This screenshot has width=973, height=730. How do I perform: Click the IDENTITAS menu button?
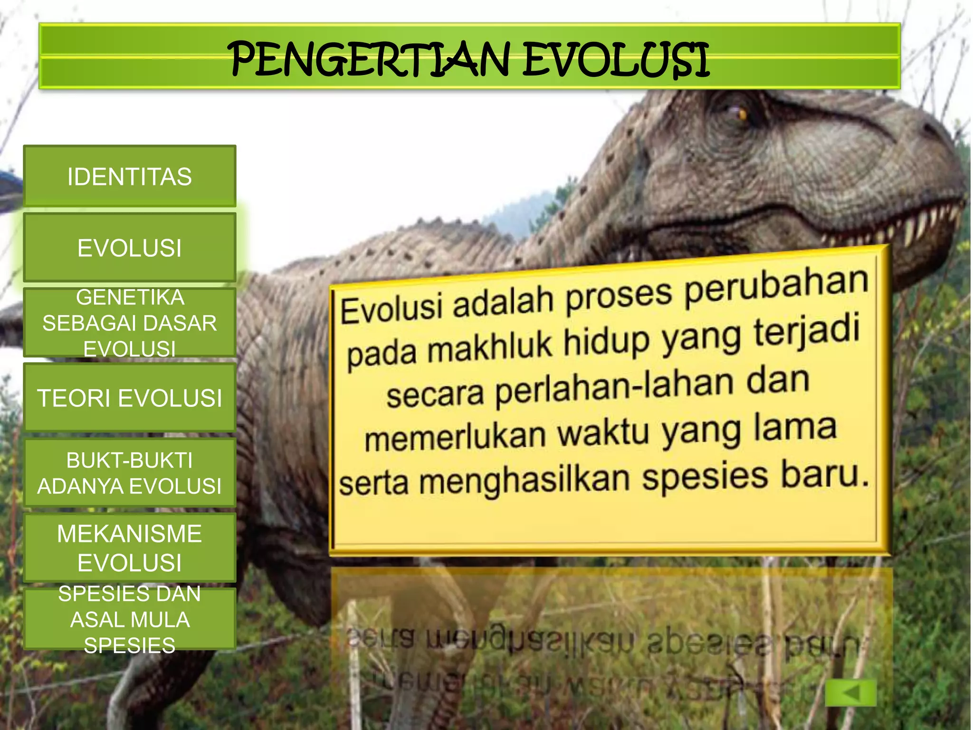(x=129, y=176)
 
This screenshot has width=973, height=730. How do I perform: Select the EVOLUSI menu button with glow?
(x=129, y=248)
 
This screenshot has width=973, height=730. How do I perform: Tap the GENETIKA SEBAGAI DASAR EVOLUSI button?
(x=129, y=323)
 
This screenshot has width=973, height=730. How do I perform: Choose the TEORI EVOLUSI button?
(x=129, y=398)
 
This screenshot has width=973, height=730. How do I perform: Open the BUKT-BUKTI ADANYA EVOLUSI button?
(x=129, y=473)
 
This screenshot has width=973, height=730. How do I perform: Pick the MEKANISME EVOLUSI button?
(x=129, y=547)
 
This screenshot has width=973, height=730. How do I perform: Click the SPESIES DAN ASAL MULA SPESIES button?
(x=129, y=619)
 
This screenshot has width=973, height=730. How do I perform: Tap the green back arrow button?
(x=850, y=692)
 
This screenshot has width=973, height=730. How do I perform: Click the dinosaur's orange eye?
(x=742, y=114)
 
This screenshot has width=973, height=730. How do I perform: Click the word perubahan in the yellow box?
(x=777, y=288)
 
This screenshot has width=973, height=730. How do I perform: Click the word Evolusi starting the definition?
(x=392, y=309)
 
